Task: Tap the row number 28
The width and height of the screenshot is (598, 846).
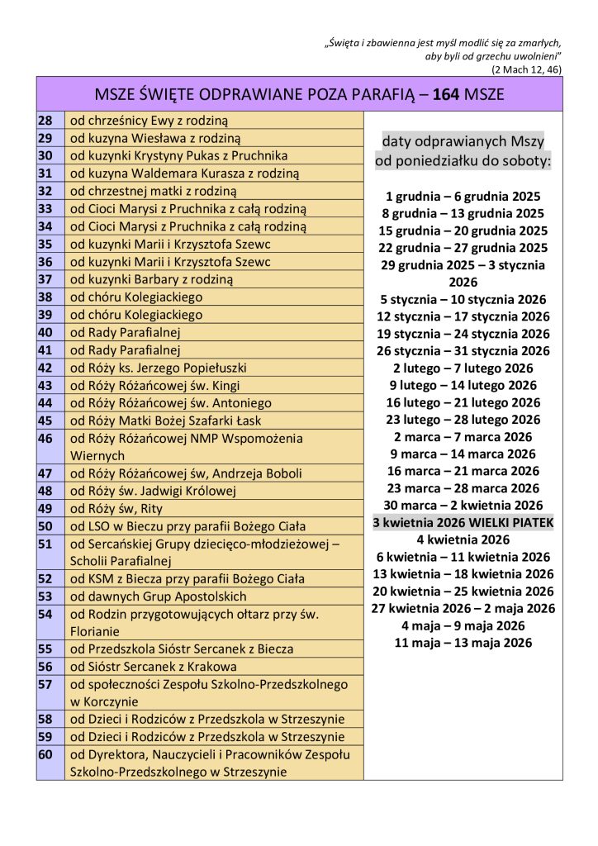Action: click(x=45, y=121)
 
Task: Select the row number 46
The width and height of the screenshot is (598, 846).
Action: click(x=45, y=439)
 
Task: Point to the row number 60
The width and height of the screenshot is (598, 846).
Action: click(x=45, y=755)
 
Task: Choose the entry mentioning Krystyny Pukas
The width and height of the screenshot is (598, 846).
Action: click(x=178, y=156)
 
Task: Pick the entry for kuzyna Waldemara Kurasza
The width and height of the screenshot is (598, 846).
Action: click(x=184, y=173)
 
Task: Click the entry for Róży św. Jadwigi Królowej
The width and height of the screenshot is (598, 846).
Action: click(x=153, y=491)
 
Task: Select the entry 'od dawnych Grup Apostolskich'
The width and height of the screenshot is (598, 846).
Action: click(x=158, y=596)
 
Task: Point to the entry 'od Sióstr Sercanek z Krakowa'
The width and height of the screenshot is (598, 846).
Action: click(x=153, y=667)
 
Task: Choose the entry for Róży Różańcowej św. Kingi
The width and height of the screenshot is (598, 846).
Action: click(x=160, y=385)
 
